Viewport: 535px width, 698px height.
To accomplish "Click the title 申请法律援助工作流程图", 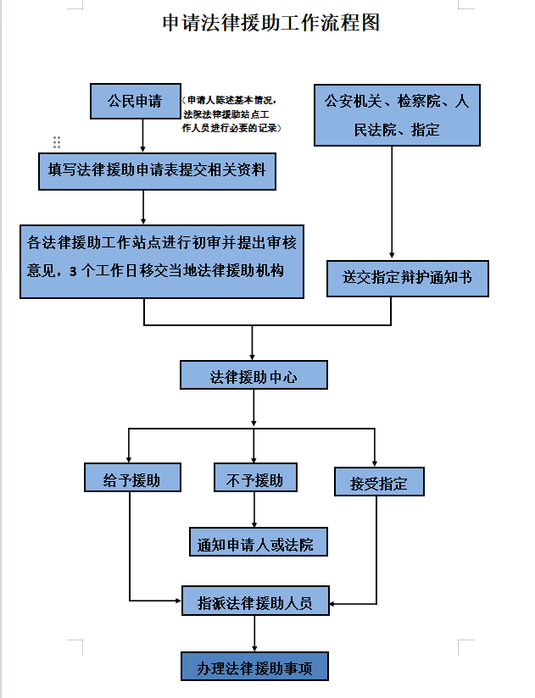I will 270,23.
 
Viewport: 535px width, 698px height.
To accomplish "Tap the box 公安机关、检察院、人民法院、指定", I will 397,114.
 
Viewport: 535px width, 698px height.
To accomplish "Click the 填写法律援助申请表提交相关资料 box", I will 157,169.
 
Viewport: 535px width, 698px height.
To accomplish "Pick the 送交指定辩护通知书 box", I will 407,278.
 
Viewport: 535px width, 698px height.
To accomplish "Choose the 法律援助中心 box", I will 254,376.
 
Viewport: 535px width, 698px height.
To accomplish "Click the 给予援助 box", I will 131,479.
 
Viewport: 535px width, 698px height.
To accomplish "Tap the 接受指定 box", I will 378,484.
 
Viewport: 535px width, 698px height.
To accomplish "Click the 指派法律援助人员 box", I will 255,603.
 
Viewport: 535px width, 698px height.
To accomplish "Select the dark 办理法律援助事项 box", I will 255,668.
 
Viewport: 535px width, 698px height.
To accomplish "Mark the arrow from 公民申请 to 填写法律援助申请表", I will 143,136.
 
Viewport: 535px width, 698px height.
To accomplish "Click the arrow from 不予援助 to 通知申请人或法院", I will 254,510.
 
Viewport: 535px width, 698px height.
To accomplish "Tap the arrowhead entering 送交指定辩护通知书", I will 391,254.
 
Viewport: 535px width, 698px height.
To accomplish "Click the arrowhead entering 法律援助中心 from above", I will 254,357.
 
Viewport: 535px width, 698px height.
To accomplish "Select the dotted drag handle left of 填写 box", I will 57,141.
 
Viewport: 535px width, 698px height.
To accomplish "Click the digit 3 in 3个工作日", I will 73,270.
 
